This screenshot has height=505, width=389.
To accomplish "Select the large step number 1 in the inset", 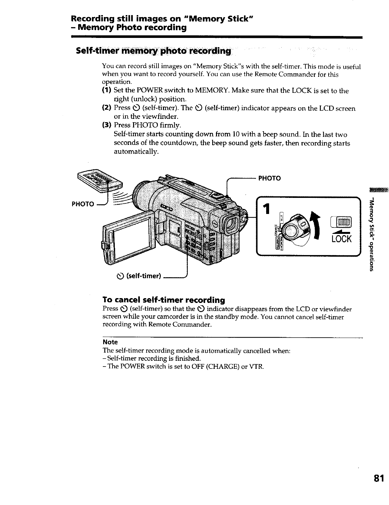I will coord(266,210).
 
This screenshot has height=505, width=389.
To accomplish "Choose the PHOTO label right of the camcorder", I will coord(269,178).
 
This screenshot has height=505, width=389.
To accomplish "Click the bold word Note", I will coord(110,342).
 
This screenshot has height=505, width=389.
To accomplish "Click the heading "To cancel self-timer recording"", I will coord(163,300).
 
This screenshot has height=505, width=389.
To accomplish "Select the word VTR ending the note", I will coord(258,367).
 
